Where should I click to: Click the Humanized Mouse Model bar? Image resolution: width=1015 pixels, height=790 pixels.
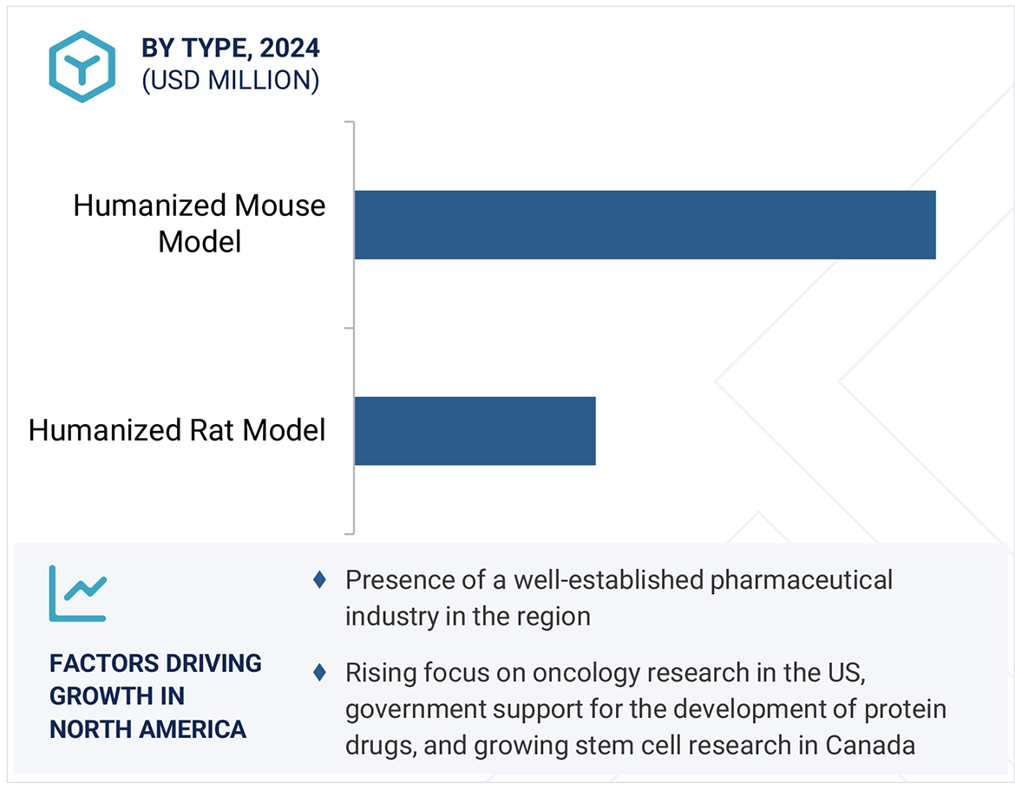[x=645, y=225]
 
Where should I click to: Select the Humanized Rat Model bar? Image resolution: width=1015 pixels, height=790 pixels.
[x=475, y=431]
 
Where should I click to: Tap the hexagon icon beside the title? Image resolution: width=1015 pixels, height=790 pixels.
[x=82, y=67]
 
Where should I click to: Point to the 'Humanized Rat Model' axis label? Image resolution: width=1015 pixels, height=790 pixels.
[x=177, y=430]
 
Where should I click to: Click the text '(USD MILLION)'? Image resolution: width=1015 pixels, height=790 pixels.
[x=231, y=81]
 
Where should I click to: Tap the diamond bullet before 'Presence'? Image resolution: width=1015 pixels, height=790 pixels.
[x=320, y=579]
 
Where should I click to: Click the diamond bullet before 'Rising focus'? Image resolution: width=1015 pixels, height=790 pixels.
[x=320, y=671]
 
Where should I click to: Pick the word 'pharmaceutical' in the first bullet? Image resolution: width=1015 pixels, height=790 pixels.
[x=801, y=579]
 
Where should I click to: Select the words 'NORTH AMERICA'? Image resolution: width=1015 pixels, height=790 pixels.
[x=147, y=729]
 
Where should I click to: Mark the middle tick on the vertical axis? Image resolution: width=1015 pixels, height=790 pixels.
[x=350, y=328]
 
